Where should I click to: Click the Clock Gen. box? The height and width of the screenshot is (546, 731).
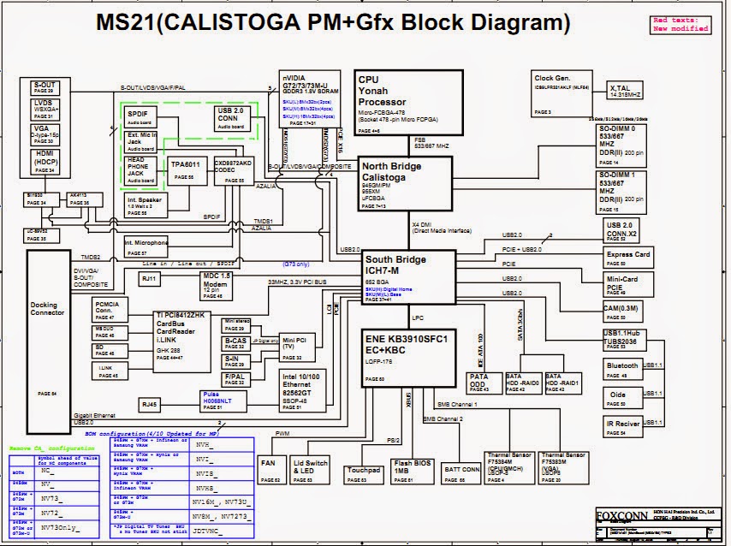[x=563, y=93]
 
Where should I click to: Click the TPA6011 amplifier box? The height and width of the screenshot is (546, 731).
[x=184, y=168]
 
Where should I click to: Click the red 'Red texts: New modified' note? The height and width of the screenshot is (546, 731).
[x=681, y=24]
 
